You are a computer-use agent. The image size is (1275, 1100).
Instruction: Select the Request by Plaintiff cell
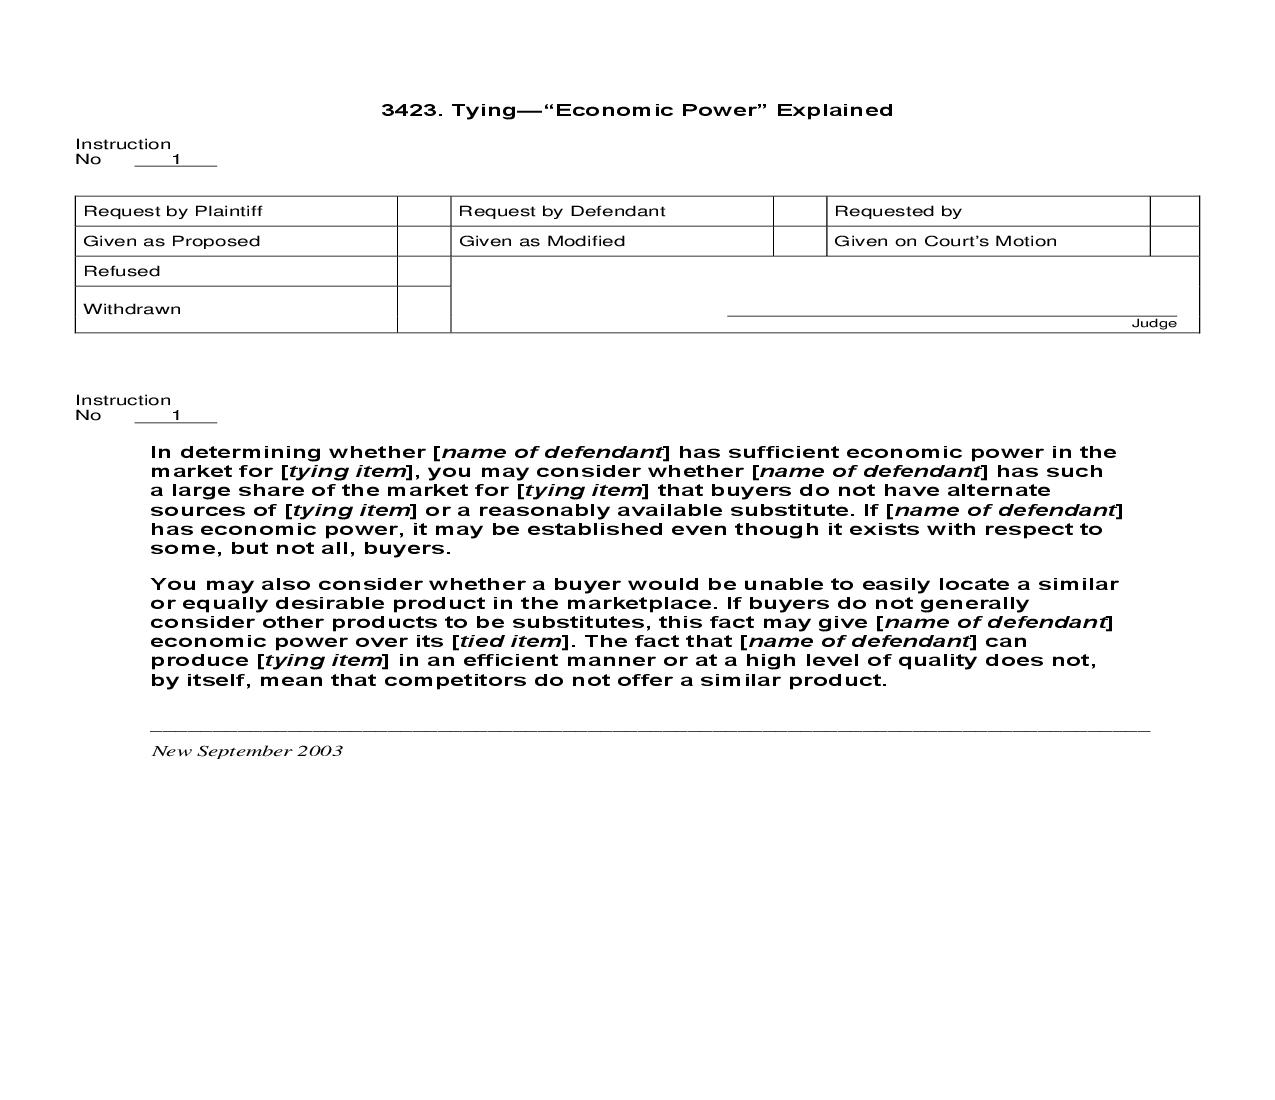pyautogui.click(x=173, y=211)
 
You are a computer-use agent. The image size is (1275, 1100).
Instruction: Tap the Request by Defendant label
pyautogui.click(x=561, y=211)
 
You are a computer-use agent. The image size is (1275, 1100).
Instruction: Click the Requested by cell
pyautogui.click(x=897, y=211)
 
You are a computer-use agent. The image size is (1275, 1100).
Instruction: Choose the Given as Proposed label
pyautogui.click(x=171, y=241)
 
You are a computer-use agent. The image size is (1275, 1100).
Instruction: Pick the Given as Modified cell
pyautogui.click(x=541, y=241)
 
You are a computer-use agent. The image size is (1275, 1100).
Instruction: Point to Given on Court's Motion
pyautogui.click(x=944, y=241)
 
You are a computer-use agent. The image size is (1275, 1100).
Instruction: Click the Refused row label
pyautogui.click(x=121, y=271)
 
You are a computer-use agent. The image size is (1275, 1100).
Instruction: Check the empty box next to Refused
pyautogui.click(x=423, y=271)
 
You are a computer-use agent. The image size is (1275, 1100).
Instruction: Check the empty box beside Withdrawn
pyautogui.click(x=423, y=309)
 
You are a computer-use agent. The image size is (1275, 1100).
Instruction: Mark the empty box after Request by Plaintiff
pyautogui.click(x=423, y=211)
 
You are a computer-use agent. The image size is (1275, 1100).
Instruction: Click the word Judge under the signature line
pyautogui.click(x=1153, y=323)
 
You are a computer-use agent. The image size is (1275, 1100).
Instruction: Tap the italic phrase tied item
pyautogui.click(x=509, y=641)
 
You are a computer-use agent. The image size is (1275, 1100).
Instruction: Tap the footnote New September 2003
pyautogui.click(x=246, y=751)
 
